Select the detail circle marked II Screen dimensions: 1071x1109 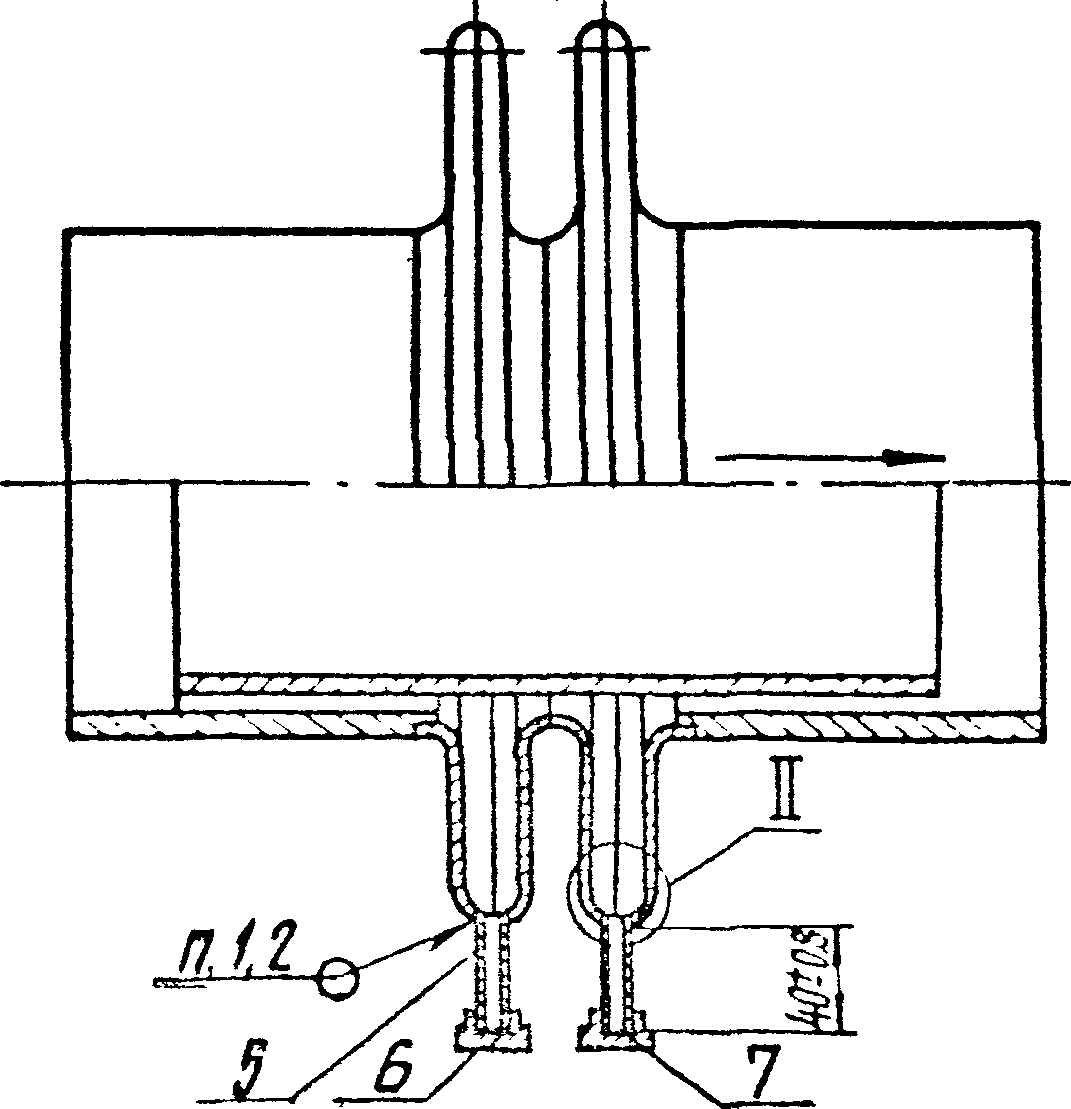point(615,884)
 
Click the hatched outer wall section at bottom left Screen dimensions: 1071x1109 point(250,722)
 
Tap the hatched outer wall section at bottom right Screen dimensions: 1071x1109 point(858,722)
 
